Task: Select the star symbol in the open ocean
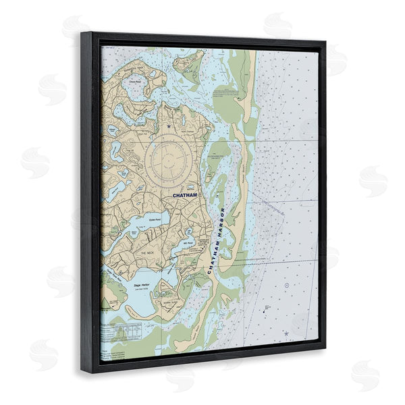tap(286, 333)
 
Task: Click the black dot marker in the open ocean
tap(267, 307)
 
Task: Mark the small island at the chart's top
tap(188, 62)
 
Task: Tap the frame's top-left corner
tap(84, 32)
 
